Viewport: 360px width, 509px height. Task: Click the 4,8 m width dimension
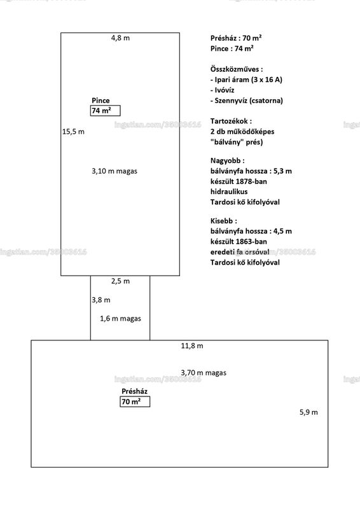[x=120, y=38]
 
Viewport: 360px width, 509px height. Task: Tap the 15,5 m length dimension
[x=73, y=132]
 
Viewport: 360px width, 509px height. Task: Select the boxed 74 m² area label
[x=105, y=111]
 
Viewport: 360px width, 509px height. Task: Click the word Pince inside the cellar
[x=100, y=101]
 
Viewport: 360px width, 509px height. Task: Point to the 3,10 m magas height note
[x=114, y=171]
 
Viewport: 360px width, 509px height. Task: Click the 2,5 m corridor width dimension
[x=120, y=281]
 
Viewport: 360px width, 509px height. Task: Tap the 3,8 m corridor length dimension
[x=101, y=300]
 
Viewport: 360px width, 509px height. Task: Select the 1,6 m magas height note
[x=120, y=319]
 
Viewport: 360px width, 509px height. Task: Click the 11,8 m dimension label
[x=192, y=346]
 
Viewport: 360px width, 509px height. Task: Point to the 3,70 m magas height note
[x=204, y=373]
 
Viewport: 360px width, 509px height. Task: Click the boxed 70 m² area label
[x=135, y=401]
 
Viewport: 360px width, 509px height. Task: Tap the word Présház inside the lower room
[x=134, y=391]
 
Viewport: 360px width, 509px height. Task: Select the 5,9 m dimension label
[x=308, y=412]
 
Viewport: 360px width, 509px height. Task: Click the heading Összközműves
[x=237, y=69]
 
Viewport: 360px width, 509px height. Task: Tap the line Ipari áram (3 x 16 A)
[x=246, y=80]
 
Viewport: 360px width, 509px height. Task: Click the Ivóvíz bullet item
[x=223, y=90]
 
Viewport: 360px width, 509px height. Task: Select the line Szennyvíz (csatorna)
[x=247, y=101]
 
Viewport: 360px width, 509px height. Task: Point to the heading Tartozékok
[x=231, y=121]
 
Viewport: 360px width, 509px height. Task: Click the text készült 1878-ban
[x=239, y=181]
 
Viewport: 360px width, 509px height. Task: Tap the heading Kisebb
[x=224, y=221]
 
